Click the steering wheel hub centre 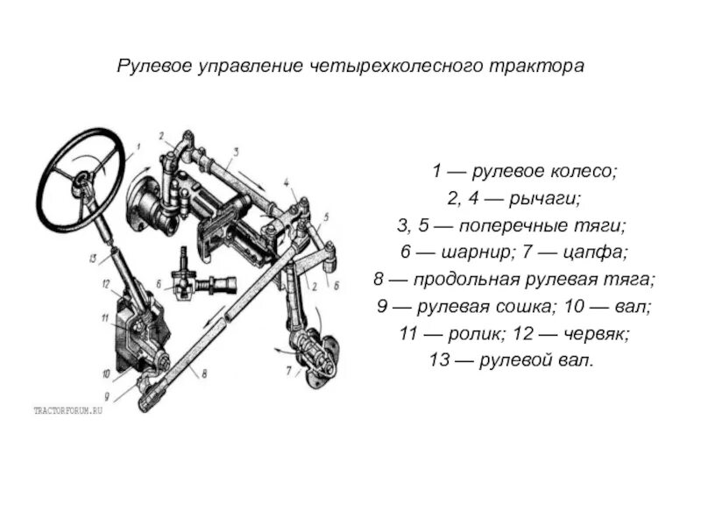82,180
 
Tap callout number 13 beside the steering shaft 92,259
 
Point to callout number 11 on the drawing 103,317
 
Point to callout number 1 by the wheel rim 138,146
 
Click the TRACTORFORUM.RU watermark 68,410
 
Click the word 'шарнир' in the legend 465,252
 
